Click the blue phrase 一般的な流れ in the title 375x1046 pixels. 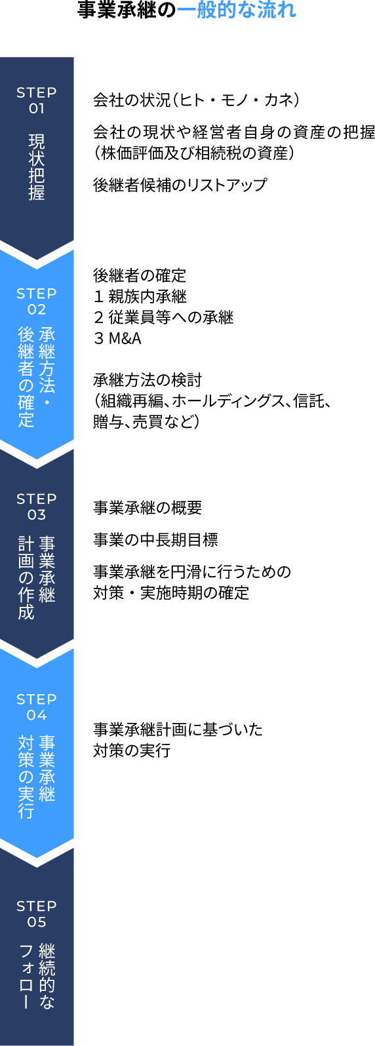click(x=236, y=10)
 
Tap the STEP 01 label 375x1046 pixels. click(x=37, y=100)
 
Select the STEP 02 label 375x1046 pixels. click(x=37, y=301)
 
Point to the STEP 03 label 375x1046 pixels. click(x=37, y=507)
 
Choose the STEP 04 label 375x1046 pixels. click(x=37, y=707)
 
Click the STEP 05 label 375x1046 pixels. click(x=37, y=914)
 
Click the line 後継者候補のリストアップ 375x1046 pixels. click(x=180, y=185)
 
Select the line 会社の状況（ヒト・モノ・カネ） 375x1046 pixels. click(x=196, y=100)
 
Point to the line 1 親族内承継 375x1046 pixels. click(x=140, y=296)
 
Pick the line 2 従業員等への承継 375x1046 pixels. click(x=163, y=317)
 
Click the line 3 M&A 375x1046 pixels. click(x=117, y=339)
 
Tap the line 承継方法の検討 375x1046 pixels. click(x=148, y=380)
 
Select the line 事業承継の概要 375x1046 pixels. click(x=148, y=507)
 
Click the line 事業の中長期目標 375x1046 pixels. click(x=155, y=540)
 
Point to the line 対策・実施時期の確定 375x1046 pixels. click(x=171, y=593)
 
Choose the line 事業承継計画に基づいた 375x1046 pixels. click(x=178, y=729)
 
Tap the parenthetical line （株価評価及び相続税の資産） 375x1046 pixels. click(x=194, y=153)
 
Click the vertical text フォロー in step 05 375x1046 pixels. click(x=26, y=977)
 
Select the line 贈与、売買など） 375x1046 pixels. click(x=147, y=421)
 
